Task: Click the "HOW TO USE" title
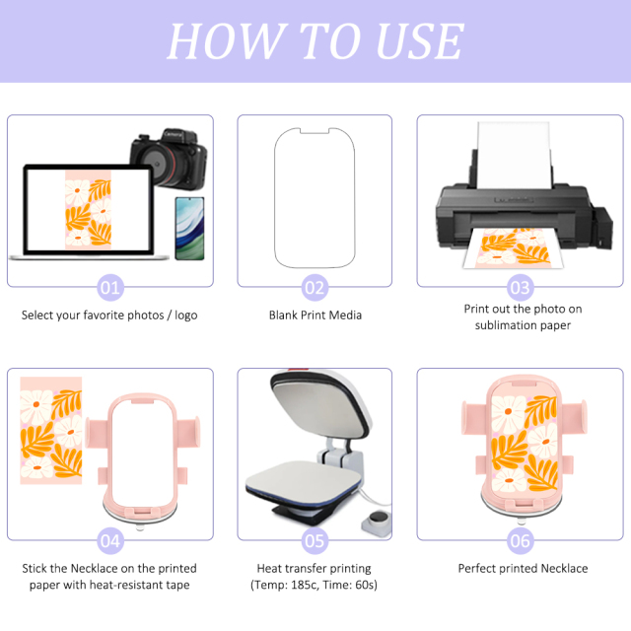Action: pyautogui.click(x=315, y=41)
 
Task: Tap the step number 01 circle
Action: pyautogui.click(x=110, y=288)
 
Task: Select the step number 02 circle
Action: pyautogui.click(x=315, y=288)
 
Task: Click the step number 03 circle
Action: pyautogui.click(x=521, y=288)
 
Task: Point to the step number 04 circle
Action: pyautogui.click(x=110, y=540)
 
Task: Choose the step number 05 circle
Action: pyautogui.click(x=315, y=540)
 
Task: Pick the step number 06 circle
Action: pyautogui.click(x=521, y=540)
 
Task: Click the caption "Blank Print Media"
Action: pyautogui.click(x=315, y=315)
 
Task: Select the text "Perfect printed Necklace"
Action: pyautogui.click(x=523, y=569)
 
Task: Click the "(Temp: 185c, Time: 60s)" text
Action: pyautogui.click(x=315, y=586)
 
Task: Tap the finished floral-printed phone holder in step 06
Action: pyautogui.click(x=522, y=449)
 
